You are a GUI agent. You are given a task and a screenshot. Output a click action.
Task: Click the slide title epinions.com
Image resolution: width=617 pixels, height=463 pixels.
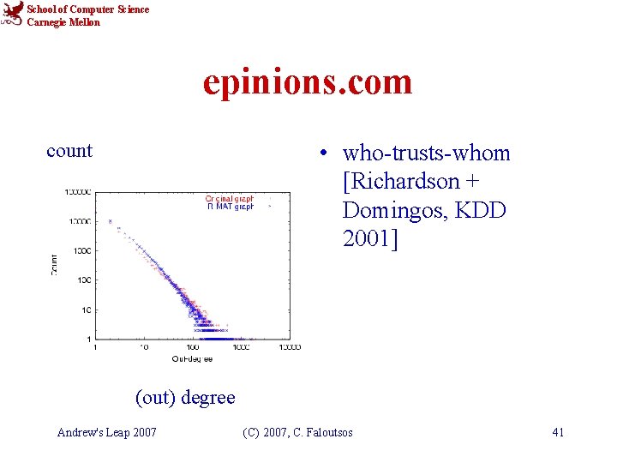(x=308, y=82)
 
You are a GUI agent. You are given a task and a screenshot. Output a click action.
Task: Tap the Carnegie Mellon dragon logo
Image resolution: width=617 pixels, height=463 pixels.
(x=12, y=15)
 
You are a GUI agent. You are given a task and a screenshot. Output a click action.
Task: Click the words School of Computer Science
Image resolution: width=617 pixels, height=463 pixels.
(x=87, y=9)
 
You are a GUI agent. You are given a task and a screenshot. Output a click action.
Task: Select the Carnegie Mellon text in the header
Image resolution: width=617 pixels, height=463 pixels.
(x=63, y=22)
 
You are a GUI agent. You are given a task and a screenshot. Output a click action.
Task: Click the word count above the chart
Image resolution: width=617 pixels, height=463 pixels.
(x=69, y=151)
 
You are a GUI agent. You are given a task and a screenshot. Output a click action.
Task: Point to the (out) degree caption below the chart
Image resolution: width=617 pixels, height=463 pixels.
(x=185, y=397)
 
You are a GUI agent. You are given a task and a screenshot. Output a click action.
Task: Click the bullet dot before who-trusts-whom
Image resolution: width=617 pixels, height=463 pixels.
(x=321, y=154)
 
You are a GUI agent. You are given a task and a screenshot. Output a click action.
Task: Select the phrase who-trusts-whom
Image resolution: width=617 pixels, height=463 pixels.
(x=426, y=153)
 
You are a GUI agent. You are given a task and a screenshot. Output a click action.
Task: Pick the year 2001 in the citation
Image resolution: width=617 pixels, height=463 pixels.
(x=367, y=238)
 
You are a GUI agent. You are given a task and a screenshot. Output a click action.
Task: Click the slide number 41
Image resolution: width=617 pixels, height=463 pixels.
(x=558, y=432)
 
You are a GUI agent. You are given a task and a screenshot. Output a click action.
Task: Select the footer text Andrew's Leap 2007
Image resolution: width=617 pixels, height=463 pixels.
(x=106, y=432)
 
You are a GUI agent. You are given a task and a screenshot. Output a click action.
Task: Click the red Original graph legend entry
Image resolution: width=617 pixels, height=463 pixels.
(x=229, y=198)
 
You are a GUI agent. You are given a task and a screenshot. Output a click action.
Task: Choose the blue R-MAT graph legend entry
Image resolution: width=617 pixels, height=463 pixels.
(x=229, y=207)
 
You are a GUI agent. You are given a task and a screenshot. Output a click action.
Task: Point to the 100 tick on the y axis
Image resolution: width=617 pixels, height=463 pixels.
(x=84, y=280)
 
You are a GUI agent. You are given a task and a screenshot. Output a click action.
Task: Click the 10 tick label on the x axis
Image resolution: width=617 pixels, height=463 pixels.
(x=143, y=347)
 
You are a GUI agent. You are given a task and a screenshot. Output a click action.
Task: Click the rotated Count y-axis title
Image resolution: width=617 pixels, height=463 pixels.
(x=55, y=262)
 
